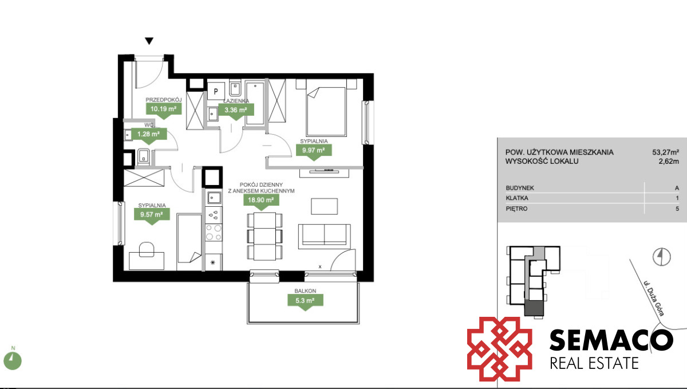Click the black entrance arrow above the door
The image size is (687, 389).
(149, 41)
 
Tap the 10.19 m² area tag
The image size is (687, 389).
(164, 111)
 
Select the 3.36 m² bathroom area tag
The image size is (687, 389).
(236, 112)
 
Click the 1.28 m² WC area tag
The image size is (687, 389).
(149, 136)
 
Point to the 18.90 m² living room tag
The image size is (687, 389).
(261, 202)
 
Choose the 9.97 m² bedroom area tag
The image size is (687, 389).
(314, 152)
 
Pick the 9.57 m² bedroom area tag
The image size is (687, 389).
(152, 217)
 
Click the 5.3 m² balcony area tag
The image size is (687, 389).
(305, 302)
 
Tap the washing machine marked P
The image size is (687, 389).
(216, 91)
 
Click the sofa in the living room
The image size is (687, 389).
(325, 236)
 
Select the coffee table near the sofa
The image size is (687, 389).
(325, 206)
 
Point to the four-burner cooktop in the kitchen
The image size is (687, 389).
(214, 233)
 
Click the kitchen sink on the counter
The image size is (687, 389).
(214, 198)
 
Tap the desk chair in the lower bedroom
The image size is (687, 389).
(147, 249)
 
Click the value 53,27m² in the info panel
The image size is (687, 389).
(665, 152)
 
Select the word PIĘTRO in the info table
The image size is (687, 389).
(517, 209)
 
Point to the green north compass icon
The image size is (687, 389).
(13, 361)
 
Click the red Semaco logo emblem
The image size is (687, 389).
(500, 349)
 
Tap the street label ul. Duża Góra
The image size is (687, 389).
(654, 298)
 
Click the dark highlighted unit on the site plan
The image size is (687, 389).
(534, 308)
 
